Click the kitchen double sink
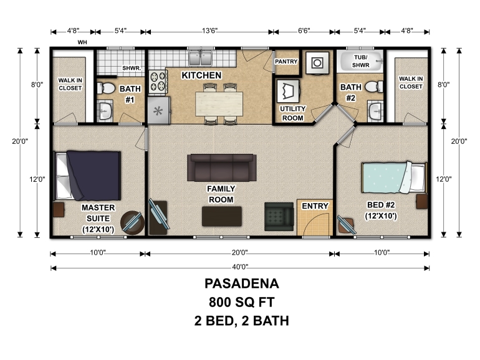(x=201, y=58)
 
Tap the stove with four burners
(x=158, y=82)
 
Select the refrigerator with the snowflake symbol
(x=158, y=110)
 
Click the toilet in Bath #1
(x=105, y=88)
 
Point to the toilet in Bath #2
(x=374, y=87)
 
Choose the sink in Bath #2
(x=375, y=111)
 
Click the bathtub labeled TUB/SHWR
(x=360, y=61)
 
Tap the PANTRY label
(x=286, y=62)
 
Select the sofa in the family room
(x=222, y=168)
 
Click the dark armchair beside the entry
(x=279, y=217)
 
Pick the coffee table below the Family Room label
(x=222, y=216)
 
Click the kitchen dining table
(x=219, y=103)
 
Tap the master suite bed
(x=88, y=176)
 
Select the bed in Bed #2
(x=394, y=178)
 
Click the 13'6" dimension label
(x=209, y=31)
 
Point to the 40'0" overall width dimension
(x=240, y=267)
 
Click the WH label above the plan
(x=82, y=42)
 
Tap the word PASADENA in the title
(x=241, y=283)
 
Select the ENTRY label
(x=315, y=206)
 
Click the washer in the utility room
(x=317, y=63)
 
